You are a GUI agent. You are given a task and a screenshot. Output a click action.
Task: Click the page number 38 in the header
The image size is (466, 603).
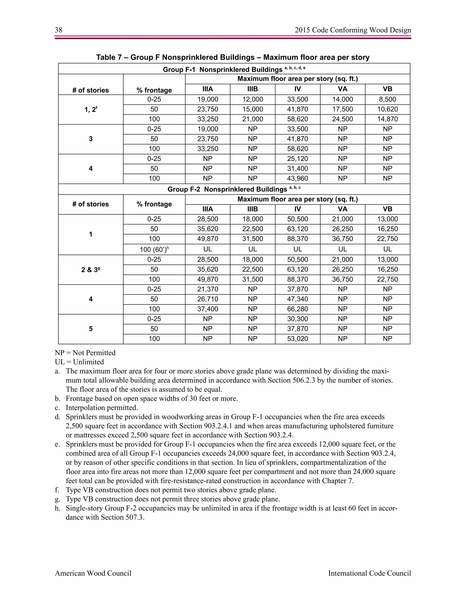pos(58,30)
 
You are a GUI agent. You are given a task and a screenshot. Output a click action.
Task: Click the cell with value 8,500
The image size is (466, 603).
pos(387,99)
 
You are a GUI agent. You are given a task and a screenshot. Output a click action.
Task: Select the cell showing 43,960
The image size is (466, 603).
pos(297,179)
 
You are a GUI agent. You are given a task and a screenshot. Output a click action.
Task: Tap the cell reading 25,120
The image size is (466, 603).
pos(297,159)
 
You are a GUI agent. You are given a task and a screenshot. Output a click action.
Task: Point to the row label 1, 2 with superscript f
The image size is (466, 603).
pos(91,110)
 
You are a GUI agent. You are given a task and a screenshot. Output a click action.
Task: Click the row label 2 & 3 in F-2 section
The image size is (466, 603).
pos(91,270)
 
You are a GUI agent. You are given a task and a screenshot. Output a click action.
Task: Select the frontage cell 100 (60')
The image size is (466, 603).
pos(154,250)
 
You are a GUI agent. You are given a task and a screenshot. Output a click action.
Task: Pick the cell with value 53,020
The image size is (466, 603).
pos(297,339)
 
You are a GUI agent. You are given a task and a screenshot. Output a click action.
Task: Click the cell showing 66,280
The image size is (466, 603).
pos(297,309)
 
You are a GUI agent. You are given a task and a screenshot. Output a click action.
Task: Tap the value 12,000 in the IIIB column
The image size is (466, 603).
pos(253,99)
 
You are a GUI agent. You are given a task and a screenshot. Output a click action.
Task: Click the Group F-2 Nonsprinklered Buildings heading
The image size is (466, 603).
pos(234,189)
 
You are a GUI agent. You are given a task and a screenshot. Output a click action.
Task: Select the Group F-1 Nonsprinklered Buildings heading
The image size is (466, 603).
pos(234,69)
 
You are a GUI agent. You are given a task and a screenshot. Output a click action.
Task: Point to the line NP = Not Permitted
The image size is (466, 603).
pos(85,353)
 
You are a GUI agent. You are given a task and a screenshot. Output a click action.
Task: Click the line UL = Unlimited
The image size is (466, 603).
pos(79,362)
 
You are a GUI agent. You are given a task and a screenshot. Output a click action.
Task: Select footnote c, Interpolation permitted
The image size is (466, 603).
pos(101,408)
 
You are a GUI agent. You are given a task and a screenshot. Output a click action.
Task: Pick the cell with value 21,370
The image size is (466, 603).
pos(208,289)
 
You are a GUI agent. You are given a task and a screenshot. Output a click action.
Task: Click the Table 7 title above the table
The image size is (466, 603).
pos(233,57)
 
